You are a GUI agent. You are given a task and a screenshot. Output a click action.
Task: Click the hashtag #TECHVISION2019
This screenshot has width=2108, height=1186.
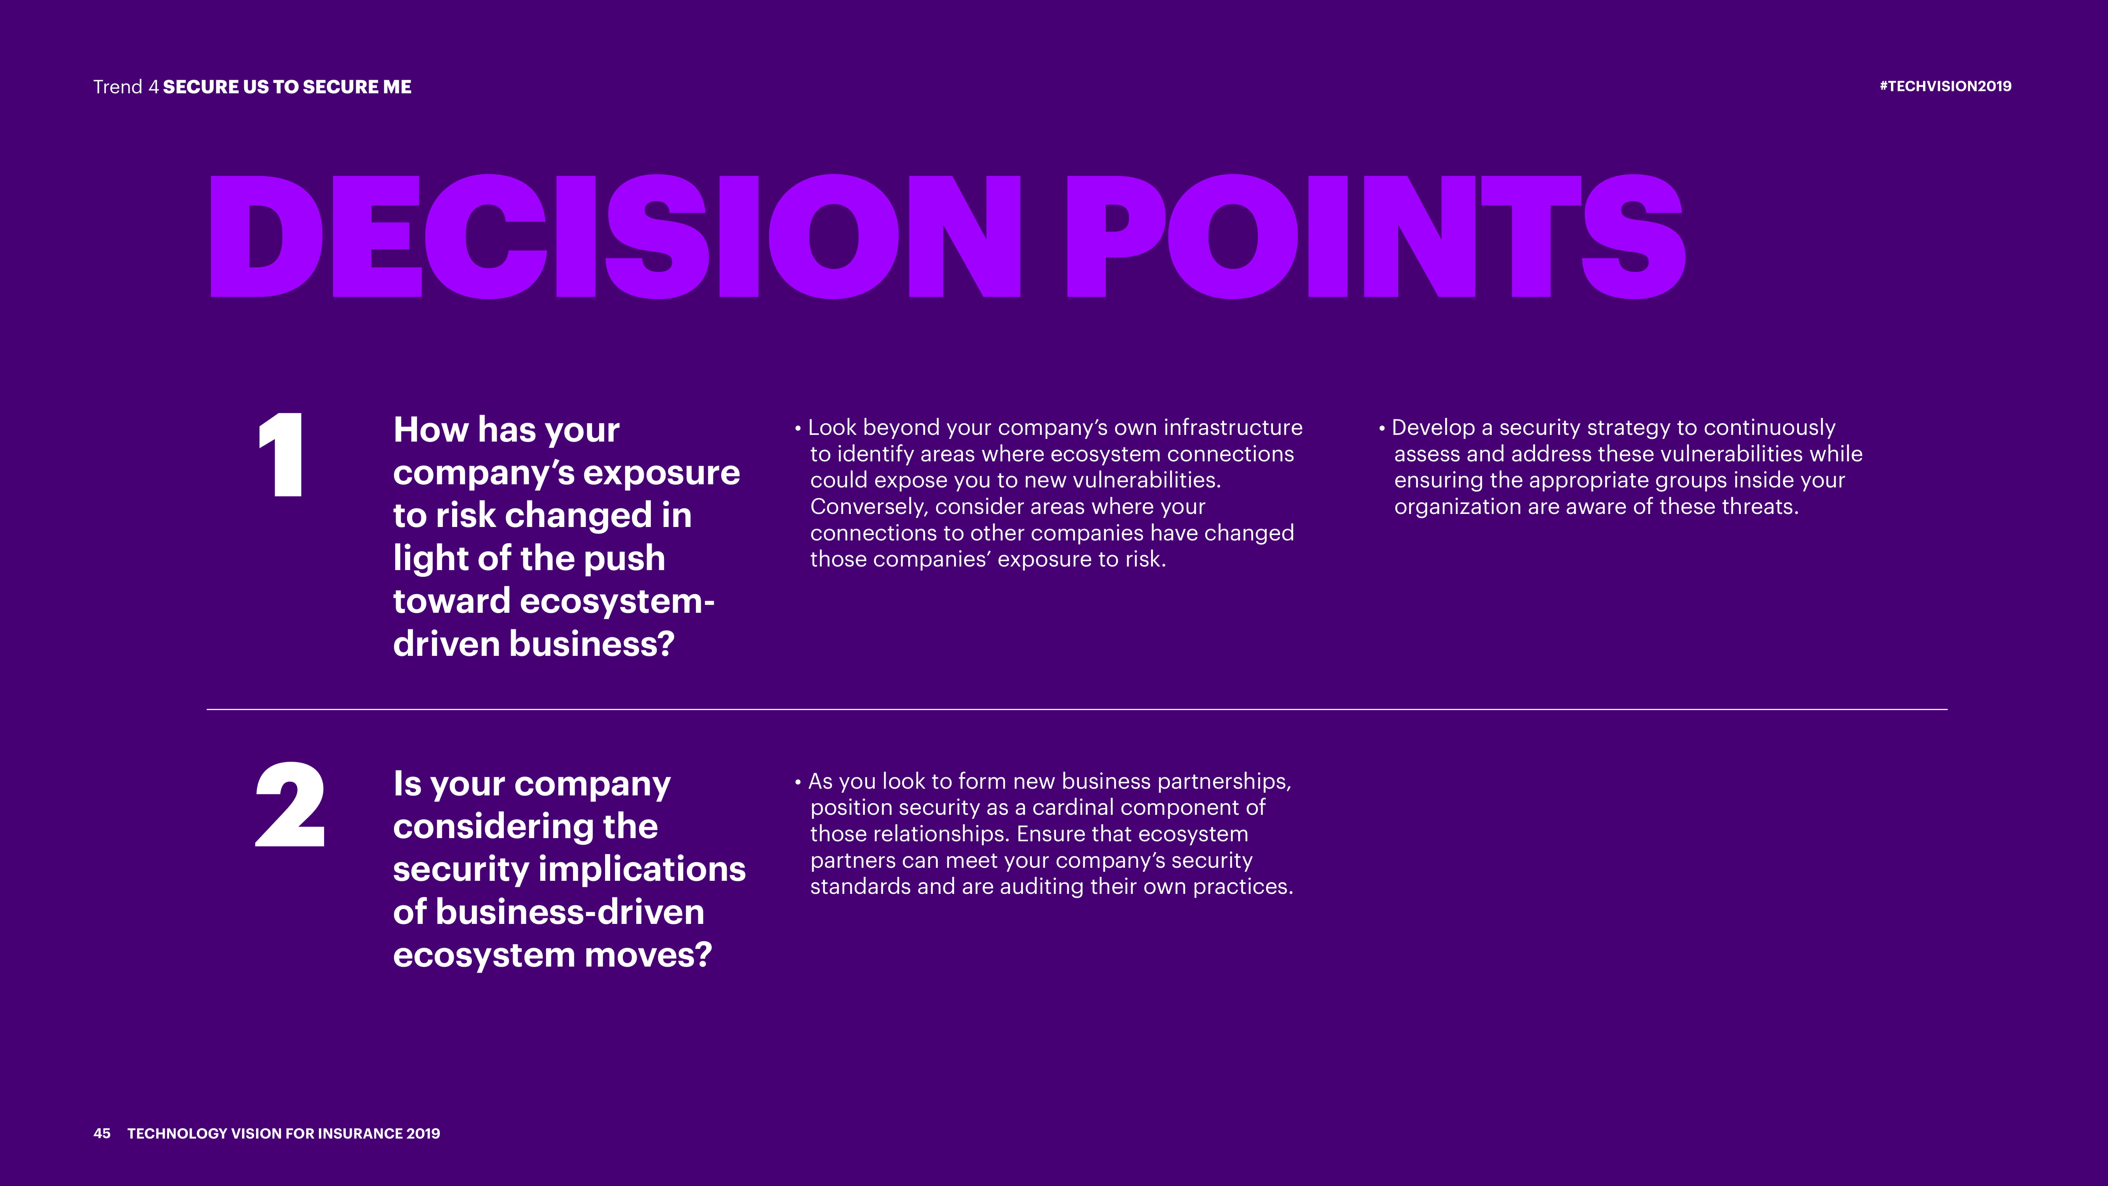[x=1945, y=86]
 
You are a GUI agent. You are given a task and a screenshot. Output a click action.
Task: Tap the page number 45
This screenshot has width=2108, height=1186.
[x=102, y=1133]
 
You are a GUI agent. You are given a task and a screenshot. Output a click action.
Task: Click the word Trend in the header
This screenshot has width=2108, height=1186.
[x=118, y=87]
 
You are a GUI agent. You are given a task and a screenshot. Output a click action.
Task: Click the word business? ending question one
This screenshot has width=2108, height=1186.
[x=592, y=644]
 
